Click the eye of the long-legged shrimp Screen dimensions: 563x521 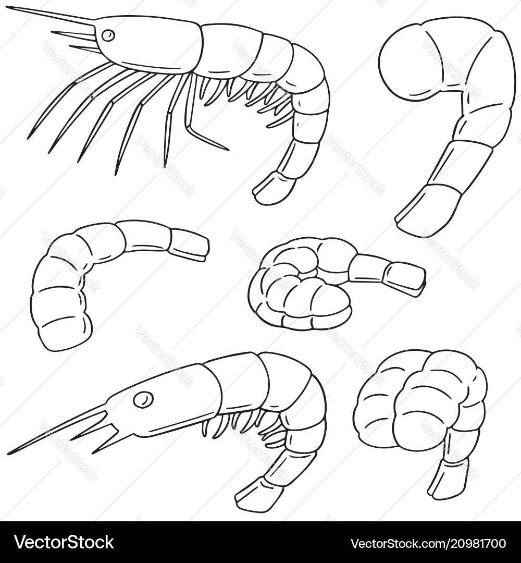108,35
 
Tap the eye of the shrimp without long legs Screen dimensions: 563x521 143,399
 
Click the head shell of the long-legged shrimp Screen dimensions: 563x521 151,44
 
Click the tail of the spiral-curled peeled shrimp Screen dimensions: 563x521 404,276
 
